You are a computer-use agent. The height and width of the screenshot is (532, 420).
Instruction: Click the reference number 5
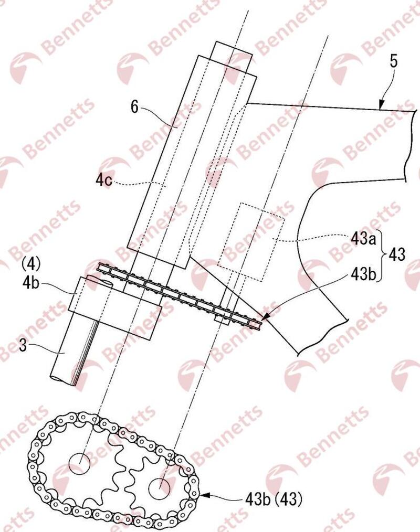click(x=394, y=61)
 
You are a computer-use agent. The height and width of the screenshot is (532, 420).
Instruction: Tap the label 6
click(x=135, y=107)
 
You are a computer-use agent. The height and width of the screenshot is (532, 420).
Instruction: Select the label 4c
click(x=103, y=180)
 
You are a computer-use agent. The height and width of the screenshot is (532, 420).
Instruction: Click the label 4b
click(x=30, y=283)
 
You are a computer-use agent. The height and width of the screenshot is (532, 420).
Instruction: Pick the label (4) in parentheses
click(x=31, y=263)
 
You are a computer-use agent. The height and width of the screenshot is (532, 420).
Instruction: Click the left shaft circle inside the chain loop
click(x=80, y=463)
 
